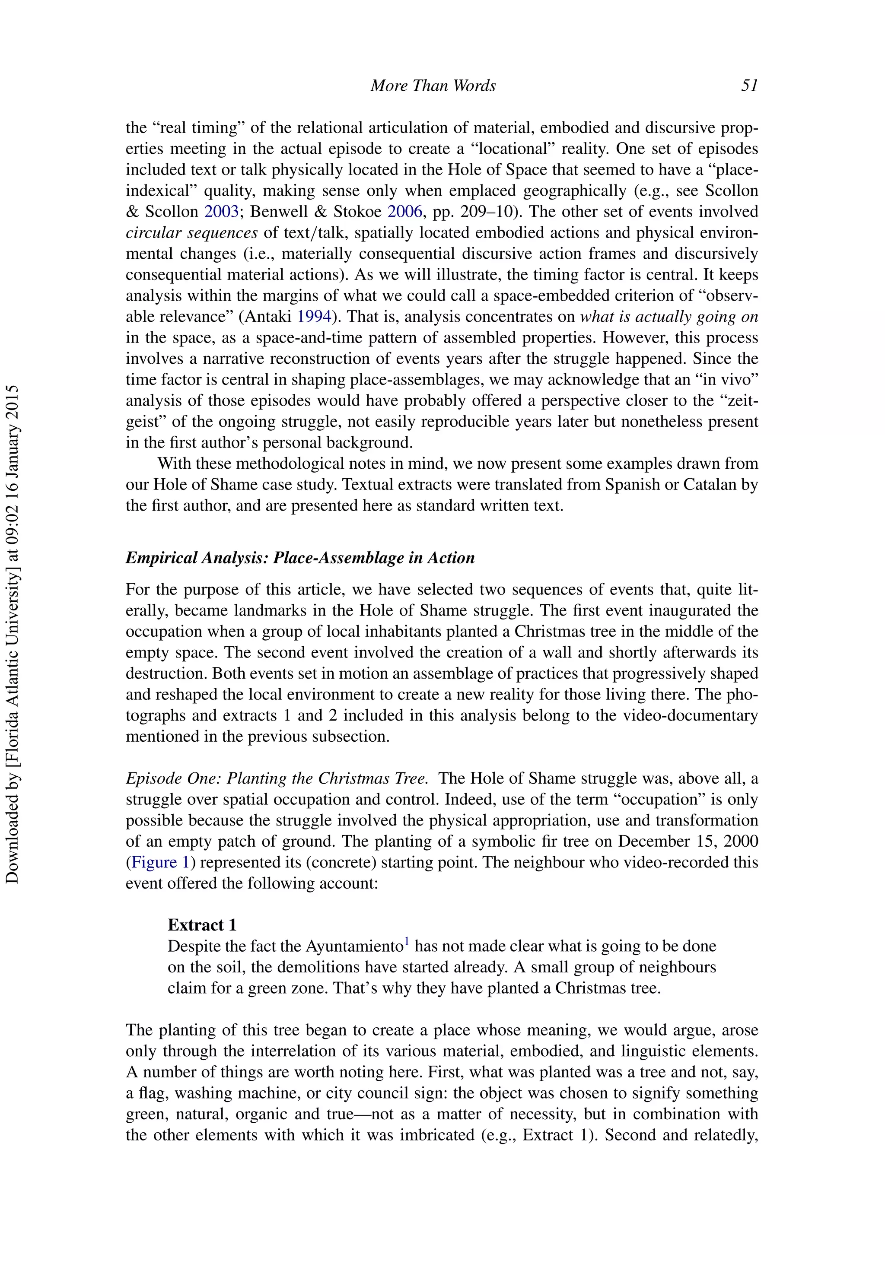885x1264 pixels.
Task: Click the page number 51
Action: pos(749,86)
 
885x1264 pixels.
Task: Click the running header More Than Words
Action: pos(433,86)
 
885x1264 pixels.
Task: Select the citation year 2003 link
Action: pos(221,212)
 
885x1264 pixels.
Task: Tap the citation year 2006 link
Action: pos(405,212)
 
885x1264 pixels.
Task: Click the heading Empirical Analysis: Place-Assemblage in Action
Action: pos(300,558)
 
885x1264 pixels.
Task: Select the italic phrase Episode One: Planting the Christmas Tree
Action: pos(277,778)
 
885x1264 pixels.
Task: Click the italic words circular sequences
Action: pos(191,233)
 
